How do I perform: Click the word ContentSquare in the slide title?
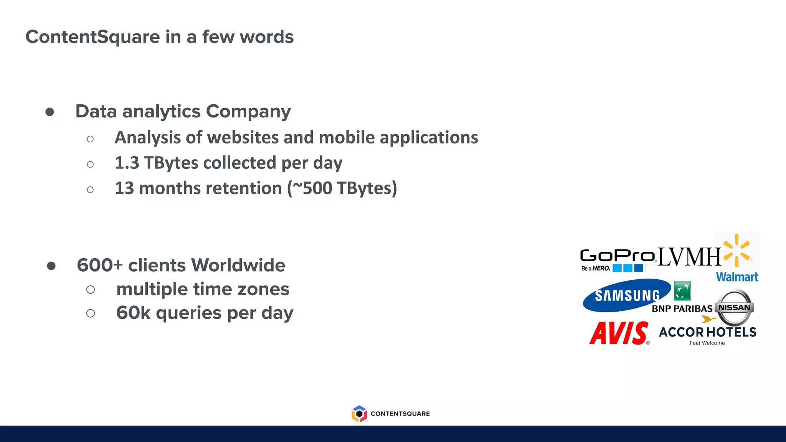[92, 37]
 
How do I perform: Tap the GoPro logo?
[618, 256]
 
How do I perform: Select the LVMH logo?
[690, 257]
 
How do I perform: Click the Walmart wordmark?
[737, 277]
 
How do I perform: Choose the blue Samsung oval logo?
[626, 295]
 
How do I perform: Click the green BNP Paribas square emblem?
[682, 291]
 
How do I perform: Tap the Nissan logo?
[735, 307]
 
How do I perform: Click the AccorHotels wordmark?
[707, 332]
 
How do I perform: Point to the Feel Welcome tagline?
[707, 343]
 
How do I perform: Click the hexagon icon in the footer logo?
[359, 414]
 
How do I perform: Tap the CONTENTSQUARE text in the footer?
[400, 414]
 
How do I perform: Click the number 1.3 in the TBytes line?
[127, 163]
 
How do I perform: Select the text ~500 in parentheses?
[312, 188]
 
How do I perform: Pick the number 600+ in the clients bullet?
[100, 265]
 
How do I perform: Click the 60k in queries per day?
[133, 313]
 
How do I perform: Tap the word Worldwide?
[238, 265]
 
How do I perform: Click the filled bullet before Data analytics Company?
[50, 112]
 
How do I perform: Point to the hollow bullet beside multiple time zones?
[91, 290]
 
